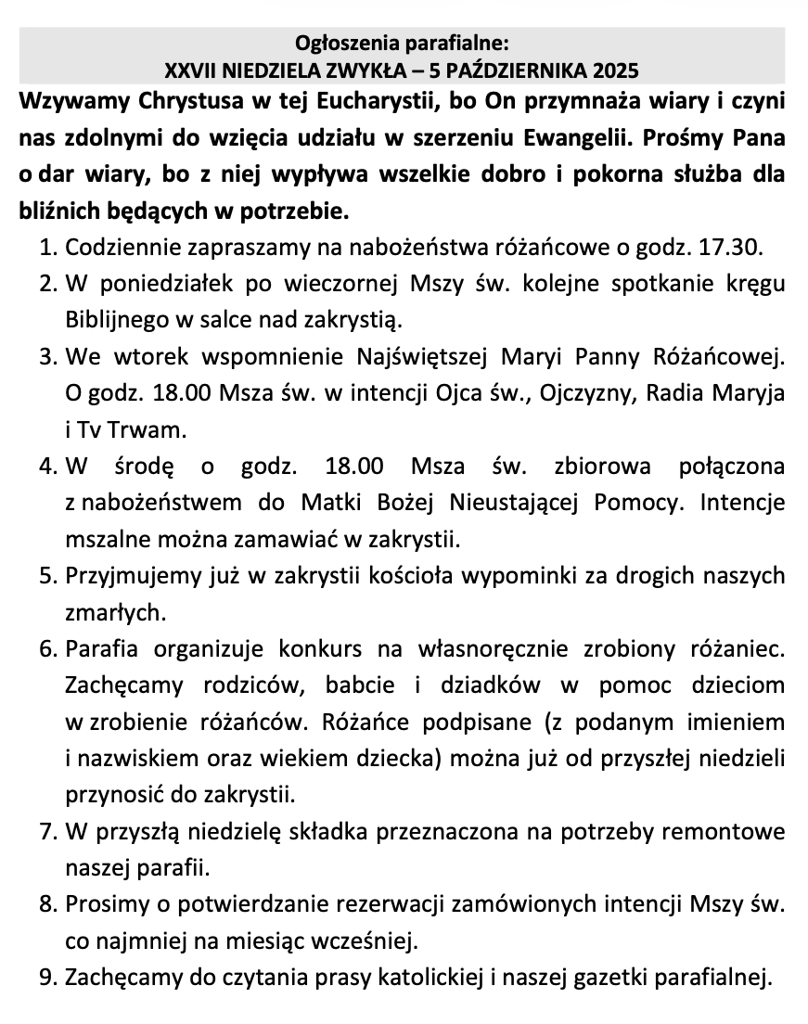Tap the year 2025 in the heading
tap(616, 70)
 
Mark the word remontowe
tap(730, 831)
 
